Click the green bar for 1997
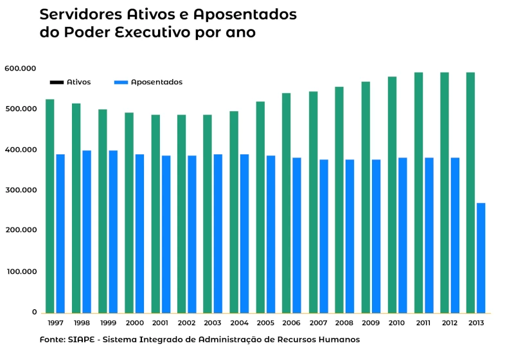[49, 206]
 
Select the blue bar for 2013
[481, 257]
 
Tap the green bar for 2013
[470, 192]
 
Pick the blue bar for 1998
[87, 231]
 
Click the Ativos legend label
[78, 82]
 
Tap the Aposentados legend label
[157, 82]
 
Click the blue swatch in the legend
[121, 82]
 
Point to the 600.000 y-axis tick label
[20, 68]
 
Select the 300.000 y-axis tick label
[20, 190]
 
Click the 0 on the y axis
[34, 312]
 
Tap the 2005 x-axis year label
[265, 323]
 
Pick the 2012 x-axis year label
[449, 323]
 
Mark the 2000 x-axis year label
[134, 323]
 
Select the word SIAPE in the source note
[80, 339]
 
